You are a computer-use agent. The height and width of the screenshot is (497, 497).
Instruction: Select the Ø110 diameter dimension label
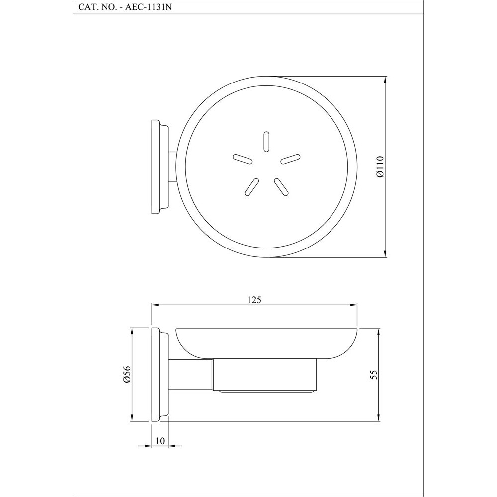pyautogui.click(x=380, y=167)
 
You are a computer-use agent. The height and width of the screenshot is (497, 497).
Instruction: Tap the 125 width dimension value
pyautogui.click(x=254, y=299)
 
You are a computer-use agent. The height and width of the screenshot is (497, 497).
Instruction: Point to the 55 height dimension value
pyautogui.click(x=373, y=375)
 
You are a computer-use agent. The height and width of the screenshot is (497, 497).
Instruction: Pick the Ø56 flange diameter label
pyautogui.click(x=127, y=374)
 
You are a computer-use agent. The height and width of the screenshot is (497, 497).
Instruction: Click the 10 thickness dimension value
pyautogui.click(x=160, y=441)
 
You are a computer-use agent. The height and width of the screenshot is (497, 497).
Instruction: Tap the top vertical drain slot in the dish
pyautogui.click(x=266, y=141)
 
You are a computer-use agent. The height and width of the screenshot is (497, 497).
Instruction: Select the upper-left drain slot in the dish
pyautogui.click(x=242, y=159)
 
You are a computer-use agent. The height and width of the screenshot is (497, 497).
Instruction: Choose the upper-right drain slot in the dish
pyautogui.click(x=290, y=159)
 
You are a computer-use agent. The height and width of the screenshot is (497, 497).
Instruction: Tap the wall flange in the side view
pyautogui.click(x=159, y=374)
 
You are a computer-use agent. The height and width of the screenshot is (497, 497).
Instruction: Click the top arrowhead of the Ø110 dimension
pyautogui.click(x=385, y=81)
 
